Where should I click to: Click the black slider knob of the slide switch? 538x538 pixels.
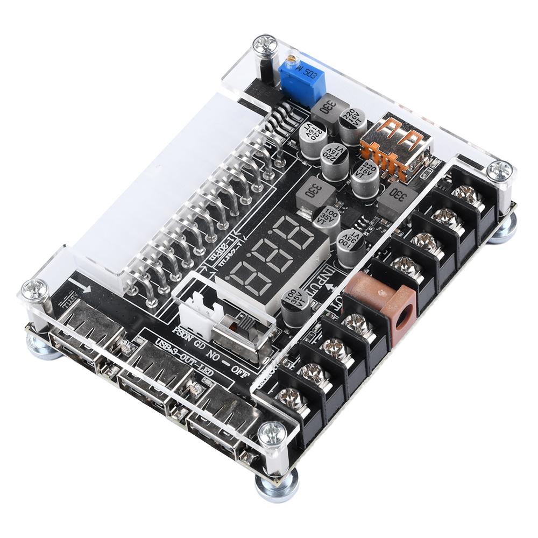(x=244, y=325)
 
